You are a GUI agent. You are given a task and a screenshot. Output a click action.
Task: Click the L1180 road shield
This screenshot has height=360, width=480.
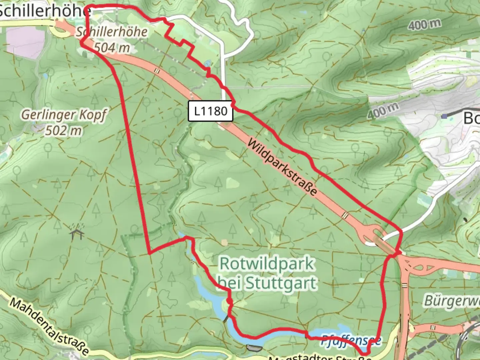point(210,111)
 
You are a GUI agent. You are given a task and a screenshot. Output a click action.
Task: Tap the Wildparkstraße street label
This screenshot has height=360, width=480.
point(282,167)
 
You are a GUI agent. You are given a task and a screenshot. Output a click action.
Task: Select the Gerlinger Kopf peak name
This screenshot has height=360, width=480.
point(64,115)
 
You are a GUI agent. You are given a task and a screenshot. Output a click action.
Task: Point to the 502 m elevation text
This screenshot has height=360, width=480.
point(63,131)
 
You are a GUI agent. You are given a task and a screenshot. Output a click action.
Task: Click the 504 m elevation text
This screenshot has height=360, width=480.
point(112,48)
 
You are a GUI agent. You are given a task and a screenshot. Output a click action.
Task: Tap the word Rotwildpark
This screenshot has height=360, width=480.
point(267,264)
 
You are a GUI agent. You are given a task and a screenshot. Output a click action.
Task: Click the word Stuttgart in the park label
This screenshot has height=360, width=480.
point(281,283)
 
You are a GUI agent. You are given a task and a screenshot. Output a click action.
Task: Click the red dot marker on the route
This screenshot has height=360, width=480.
point(229,301)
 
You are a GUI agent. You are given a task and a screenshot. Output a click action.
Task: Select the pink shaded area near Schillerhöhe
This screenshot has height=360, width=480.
point(25,42)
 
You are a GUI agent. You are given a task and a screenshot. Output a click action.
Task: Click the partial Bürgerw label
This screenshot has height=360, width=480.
point(452,301)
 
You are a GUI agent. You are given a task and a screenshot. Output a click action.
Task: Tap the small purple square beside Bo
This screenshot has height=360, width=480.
point(444,116)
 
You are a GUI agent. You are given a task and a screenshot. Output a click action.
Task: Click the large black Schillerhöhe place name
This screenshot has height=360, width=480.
point(45,11)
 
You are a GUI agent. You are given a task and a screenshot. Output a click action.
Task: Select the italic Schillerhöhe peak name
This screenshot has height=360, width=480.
point(112,32)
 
